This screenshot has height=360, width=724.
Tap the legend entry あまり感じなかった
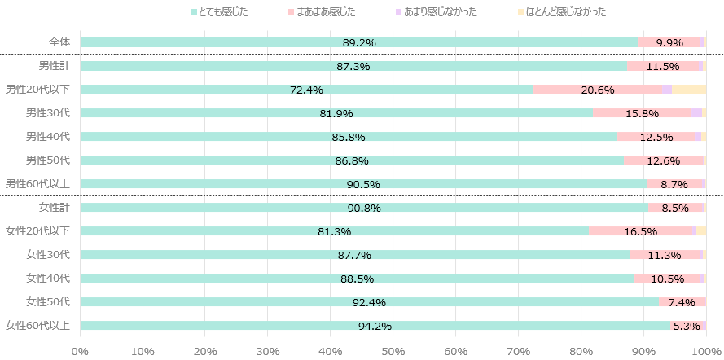click(x=440, y=12)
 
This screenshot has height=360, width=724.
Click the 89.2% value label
click(x=359, y=42)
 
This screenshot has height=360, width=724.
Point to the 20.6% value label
click(x=598, y=90)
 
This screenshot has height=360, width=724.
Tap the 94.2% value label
click(x=375, y=327)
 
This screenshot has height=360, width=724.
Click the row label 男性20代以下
click(x=37, y=90)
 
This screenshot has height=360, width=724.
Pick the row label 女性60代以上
click(x=37, y=326)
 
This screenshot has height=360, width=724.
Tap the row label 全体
click(x=59, y=42)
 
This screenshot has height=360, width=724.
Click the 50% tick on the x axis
click(x=393, y=351)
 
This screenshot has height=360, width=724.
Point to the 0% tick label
click(x=80, y=351)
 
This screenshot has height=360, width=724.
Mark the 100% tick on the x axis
click(x=703, y=351)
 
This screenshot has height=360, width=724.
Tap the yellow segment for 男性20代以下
click(x=689, y=90)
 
